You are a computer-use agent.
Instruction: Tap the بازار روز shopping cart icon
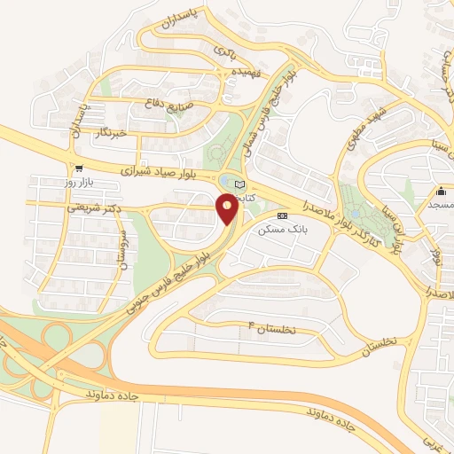80,168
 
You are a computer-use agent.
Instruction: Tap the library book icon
239,184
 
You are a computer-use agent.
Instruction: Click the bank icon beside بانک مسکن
282,215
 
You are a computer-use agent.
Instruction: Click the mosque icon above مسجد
441,190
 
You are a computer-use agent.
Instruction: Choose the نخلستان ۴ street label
285,329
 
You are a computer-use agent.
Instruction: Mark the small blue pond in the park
355,214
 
